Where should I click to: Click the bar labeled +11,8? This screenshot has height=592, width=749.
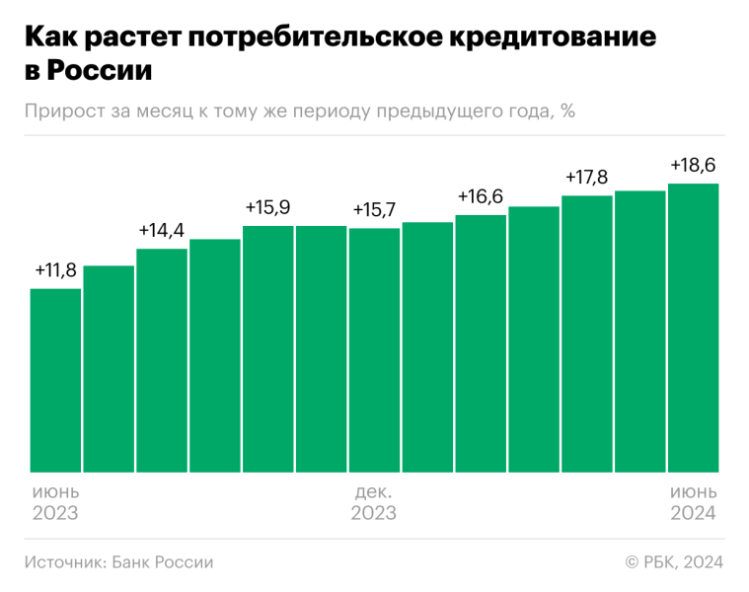coord(55,380)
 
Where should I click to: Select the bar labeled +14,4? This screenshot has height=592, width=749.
coord(162,360)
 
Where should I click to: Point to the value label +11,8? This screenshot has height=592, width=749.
coord(55,270)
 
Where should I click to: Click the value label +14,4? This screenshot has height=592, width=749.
coord(162,231)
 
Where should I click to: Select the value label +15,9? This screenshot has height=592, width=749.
coord(268,208)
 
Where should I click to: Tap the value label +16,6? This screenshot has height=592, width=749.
coord(481,196)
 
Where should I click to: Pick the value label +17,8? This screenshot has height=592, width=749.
coord(587,178)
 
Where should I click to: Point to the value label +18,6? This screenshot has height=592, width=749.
coord(693,165)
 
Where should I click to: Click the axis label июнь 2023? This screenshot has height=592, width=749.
coord(55,502)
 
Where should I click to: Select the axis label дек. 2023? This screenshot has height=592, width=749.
coord(374,502)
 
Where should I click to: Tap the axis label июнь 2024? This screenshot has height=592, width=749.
coord(693,502)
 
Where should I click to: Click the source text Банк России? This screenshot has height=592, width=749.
coord(163,561)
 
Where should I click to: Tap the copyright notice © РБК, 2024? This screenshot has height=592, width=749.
coord(674,561)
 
